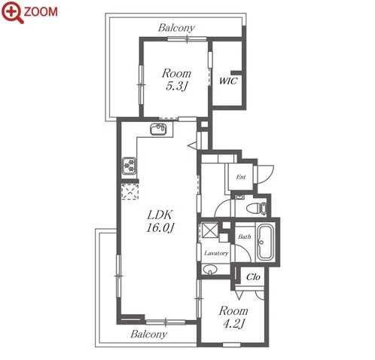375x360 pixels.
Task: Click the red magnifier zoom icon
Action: tap(12, 12)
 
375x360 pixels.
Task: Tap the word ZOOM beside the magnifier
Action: tap(41, 11)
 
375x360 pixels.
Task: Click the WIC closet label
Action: tap(227, 81)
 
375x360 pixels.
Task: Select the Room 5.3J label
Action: tap(176, 80)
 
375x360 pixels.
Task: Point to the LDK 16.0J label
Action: tap(160, 221)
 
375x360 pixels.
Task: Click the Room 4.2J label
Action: tap(233, 317)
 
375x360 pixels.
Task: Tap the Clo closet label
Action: tap(253, 277)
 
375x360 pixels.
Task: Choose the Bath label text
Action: tap(245, 236)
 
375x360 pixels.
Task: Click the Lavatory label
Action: tap(216, 253)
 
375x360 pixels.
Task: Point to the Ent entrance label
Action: tap(241, 177)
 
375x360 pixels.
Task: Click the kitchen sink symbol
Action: tap(158, 130)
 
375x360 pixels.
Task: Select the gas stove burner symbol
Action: tap(130, 166)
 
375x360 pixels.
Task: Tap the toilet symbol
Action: tap(256, 208)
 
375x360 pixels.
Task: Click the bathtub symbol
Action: tap(266, 243)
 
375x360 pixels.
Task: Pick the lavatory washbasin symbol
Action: tap(210, 270)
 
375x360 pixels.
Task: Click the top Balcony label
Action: tap(176, 28)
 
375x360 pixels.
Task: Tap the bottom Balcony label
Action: tap(149, 334)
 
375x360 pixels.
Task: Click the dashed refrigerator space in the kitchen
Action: tap(130, 192)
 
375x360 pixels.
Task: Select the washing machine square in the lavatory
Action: tap(210, 230)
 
